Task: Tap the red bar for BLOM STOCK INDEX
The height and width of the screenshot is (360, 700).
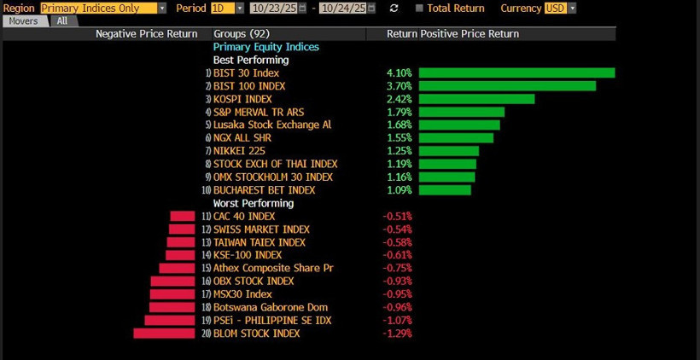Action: [158, 333]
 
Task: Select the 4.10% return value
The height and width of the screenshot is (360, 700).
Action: [399, 73]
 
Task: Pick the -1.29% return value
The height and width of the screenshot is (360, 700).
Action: [397, 334]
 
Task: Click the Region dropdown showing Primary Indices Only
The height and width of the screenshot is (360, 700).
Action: [103, 8]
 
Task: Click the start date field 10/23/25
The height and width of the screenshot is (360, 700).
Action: [274, 8]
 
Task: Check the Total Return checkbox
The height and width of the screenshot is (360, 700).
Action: [419, 9]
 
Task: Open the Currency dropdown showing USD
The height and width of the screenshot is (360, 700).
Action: [559, 8]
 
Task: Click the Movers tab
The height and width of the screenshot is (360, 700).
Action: [23, 20]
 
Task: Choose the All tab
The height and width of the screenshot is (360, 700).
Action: [62, 20]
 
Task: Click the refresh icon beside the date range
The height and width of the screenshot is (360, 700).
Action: [394, 9]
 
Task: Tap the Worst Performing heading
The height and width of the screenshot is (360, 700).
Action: [253, 204]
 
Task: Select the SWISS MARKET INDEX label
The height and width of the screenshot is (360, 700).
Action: [261, 229]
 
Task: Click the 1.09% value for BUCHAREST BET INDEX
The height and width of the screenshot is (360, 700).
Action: [399, 189]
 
